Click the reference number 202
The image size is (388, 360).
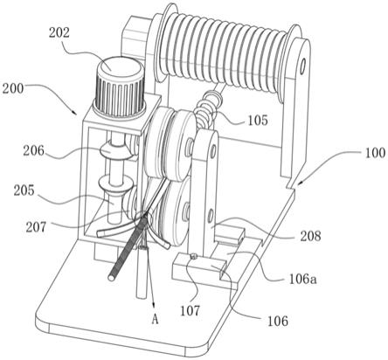pos(59,33)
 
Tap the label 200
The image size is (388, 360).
pos(13,88)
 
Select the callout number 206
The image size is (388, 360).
pos(34,150)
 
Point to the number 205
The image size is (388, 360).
pos(24,190)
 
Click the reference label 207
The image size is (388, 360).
pos(36,227)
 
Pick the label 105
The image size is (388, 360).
pos(258,120)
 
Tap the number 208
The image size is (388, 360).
pos(309,236)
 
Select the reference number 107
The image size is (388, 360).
pos(190,311)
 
